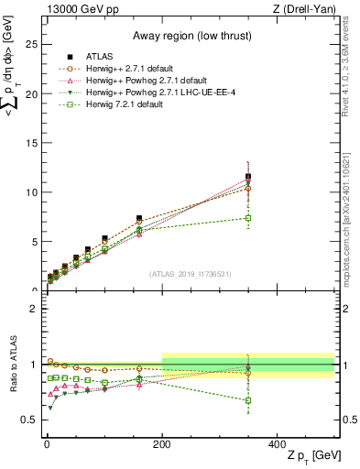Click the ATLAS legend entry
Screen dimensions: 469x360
(95, 57)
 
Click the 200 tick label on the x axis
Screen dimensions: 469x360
(162, 443)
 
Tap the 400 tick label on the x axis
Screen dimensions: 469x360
(278, 443)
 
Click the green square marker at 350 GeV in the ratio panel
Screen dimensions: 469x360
(248, 400)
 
